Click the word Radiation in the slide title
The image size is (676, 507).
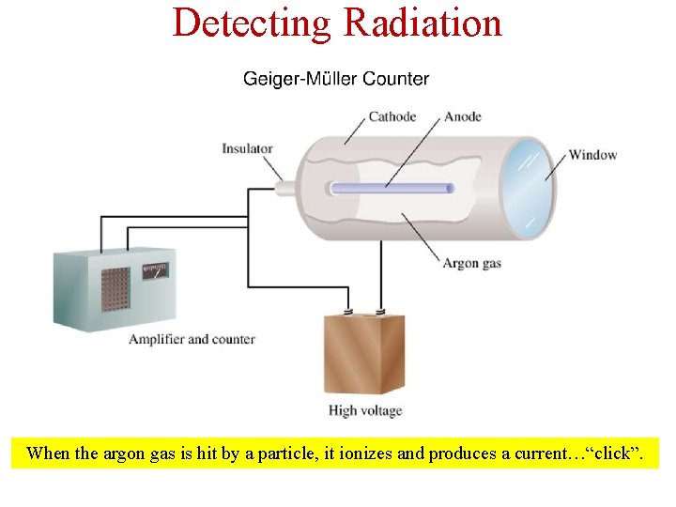pyautogui.click(x=423, y=23)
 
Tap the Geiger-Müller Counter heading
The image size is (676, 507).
pyautogui.click(x=336, y=79)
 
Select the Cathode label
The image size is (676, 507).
pyautogui.click(x=392, y=117)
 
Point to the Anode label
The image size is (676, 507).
pyautogui.click(x=462, y=117)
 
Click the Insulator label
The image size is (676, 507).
pyautogui.click(x=247, y=148)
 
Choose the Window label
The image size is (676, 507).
pyautogui.click(x=592, y=154)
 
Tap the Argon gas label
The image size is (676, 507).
pyautogui.click(x=471, y=263)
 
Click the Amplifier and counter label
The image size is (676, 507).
pyautogui.click(x=192, y=339)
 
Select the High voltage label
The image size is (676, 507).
pyautogui.click(x=365, y=410)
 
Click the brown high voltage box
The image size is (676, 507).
pyautogui.click(x=364, y=355)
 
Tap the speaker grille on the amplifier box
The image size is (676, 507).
pyautogui.click(x=115, y=292)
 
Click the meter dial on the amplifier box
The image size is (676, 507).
pyautogui.click(x=155, y=271)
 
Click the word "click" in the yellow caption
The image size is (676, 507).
pyautogui.click(x=612, y=454)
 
